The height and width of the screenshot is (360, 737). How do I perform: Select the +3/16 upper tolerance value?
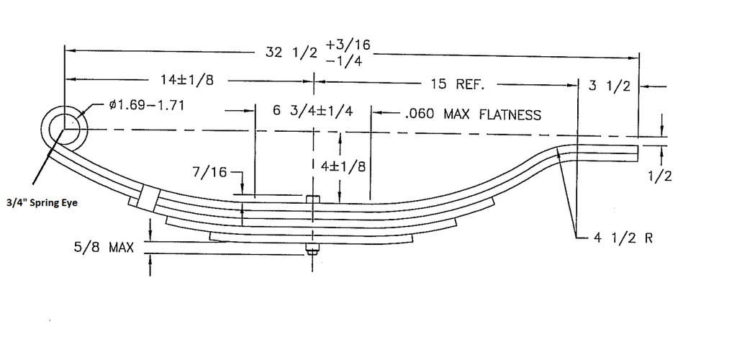click(348, 45)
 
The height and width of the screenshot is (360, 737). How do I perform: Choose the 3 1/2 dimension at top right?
click(609, 86)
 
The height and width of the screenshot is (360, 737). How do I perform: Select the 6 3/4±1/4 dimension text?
click(313, 112)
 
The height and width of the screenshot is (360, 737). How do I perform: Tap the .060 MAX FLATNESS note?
click(473, 114)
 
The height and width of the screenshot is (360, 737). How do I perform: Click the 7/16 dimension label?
click(211, 172)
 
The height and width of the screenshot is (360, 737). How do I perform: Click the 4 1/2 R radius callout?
click(623, 238)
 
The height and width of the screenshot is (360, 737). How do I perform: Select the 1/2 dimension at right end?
click(659, 176)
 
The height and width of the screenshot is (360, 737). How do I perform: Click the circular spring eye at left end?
click(65, 128)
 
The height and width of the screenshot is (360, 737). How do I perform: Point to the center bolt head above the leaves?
click(312, 199)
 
